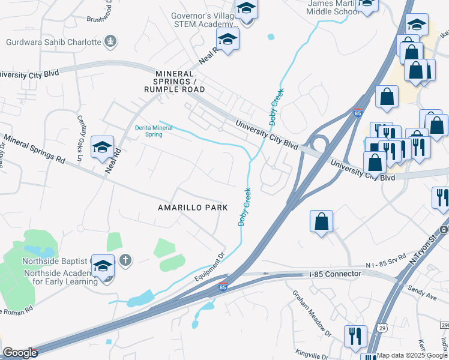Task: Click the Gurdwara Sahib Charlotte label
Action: pos(53,42)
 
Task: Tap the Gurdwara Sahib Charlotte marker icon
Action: pos(110,41)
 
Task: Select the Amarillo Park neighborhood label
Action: pos(193,208)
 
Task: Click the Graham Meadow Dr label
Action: pos(312,313)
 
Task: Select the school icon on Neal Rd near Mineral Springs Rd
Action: pos(102,146)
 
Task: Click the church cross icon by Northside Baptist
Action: pos(125,260)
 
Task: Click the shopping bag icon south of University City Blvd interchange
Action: pos(322,221)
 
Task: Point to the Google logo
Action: pos(20,353)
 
